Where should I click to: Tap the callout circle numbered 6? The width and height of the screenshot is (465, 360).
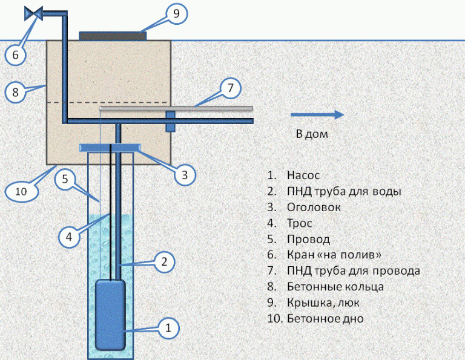tap(16, 54)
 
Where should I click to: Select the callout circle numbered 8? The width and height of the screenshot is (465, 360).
tap(16, 92)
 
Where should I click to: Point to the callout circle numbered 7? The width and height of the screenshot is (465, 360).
tap(230, 88)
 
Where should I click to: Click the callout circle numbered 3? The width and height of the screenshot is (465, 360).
tap(185, 175)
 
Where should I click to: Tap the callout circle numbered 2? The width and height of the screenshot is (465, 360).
tap(164, 262)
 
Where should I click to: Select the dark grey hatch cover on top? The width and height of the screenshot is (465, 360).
tap(113, 36)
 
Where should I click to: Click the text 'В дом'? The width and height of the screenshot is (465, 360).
tap(312, 134)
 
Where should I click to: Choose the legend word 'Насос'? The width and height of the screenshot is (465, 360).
tap(303, 175)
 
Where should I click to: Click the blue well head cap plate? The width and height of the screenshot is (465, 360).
tap(111, 147)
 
